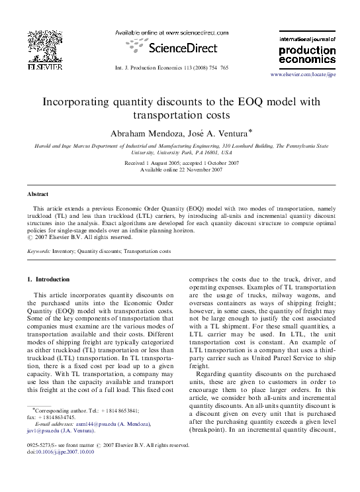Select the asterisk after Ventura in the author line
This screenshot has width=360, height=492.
pos(250,130)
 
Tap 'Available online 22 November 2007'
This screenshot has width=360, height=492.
pos(181,170)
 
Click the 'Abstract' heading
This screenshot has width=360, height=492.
pos(37,194)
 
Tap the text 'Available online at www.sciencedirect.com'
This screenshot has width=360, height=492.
pos(172,32)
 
